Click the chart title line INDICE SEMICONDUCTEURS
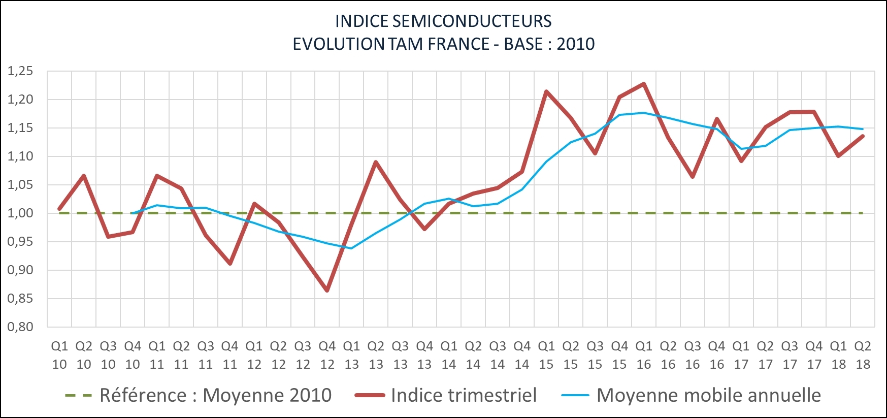[443, 21]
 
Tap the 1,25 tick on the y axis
[20, 71]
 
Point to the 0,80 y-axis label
[20, 327]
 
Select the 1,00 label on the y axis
[20, 213]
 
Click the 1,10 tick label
[20, 156]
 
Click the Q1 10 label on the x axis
[59, 355]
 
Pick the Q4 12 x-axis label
[327, 355]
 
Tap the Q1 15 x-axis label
[546, 355]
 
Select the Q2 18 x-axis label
[863, 355]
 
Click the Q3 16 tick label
[693, 355]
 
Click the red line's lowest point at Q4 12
[327, 291]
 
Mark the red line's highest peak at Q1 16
[644, 84]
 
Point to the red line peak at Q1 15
[546, 92]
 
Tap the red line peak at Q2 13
[376, 163]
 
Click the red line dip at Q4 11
[230, 264]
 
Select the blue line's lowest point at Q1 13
[351, 248]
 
